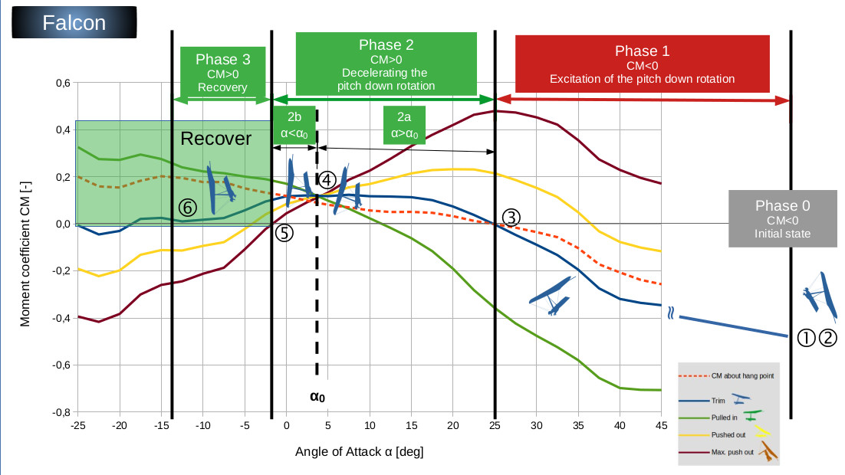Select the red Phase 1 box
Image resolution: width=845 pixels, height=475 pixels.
642,64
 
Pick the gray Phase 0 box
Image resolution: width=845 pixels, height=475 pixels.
781,220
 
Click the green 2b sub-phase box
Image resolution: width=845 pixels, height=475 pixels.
294,125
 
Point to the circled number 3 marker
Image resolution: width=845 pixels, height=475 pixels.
511,217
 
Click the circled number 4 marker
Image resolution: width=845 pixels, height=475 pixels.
326,180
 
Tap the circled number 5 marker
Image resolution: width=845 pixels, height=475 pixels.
284,234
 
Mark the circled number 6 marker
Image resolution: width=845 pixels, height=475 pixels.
187,206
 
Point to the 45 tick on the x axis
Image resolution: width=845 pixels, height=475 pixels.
661,425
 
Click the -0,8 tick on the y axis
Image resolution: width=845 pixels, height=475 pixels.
61,412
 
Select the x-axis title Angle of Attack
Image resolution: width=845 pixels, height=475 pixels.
359,451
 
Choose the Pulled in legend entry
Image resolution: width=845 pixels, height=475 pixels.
725,417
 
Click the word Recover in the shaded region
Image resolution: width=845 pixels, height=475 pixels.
215,139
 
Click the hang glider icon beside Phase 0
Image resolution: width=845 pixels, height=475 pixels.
817,295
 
